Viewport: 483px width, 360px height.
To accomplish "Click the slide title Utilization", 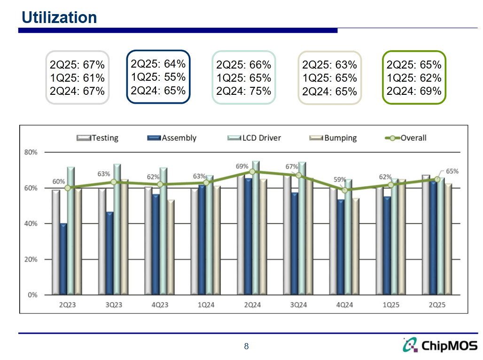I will tap(59, 17).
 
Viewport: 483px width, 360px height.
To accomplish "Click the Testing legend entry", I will tap(98, 138).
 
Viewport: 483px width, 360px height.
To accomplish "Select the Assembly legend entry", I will tap(171, 138).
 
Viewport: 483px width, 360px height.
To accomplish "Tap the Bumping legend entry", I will tap(334, 138).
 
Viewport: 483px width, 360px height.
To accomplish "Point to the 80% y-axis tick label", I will tap(31, 152).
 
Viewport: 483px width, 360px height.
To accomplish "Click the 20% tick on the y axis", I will tap(31, 259).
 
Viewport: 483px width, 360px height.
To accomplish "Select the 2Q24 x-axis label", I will tap(252, 305).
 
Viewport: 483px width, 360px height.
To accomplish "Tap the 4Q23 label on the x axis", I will tap(160, 305).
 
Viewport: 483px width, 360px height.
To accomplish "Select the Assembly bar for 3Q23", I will tap(109, 253).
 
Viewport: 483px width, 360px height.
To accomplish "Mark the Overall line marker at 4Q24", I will tap(344, 190).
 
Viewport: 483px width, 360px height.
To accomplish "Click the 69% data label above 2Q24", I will tap(242, 166).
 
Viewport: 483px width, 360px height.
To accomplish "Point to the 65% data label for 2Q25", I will tap(452, 171).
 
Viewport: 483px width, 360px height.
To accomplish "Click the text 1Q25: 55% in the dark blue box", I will tap(158, 77).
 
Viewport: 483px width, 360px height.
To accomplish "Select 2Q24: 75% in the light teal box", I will tap(243, 91).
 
